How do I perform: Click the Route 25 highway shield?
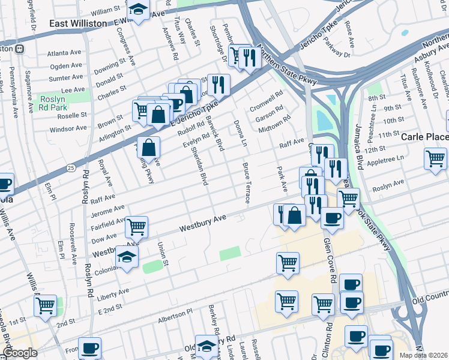coord(71,167)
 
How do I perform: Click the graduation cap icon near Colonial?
coord(127,257)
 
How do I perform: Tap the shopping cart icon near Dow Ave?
coord(137,226)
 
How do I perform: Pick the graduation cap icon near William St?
coord(139,10)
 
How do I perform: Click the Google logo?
coord(19,353)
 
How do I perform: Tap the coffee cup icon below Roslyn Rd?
coord(90,347)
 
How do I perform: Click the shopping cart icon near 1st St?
coord(46,306)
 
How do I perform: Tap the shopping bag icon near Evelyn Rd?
coord(149,146)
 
